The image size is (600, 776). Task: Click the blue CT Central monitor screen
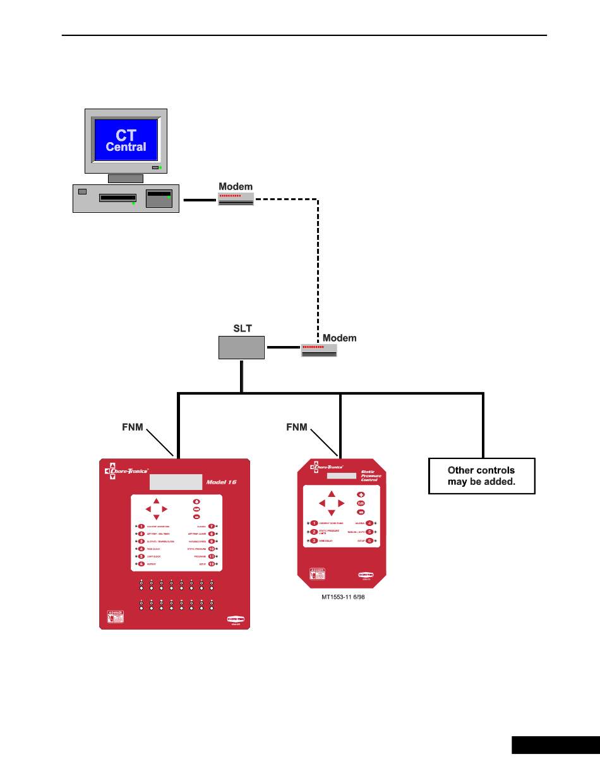pyautogui.click(x=126, y=141)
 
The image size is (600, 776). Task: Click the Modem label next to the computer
pyautogui.click(x=236, y=186)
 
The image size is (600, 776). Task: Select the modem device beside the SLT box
pyautogui.click(x=319, y=350)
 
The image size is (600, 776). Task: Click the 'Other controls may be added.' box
pyautogui.click(x=481, y=475)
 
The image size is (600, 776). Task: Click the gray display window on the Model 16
pyautogui.click(x=176, y=482)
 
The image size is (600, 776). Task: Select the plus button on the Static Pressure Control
pyautogui.click(x=361, y=495)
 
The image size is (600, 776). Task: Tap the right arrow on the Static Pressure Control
pyautogui.click(x=341, y=503)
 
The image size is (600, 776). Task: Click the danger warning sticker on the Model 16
pyautogui.click(x=114, y=616)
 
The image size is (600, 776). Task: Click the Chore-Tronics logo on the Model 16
pyautogui.click(x=126, y=470)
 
